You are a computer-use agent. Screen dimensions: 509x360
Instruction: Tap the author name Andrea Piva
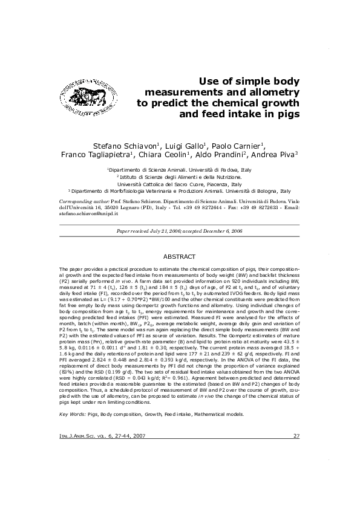coord(275,155)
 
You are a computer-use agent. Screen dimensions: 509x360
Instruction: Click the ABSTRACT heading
coord(180,256)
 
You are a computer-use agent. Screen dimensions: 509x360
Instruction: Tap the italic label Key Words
coord(72,414)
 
